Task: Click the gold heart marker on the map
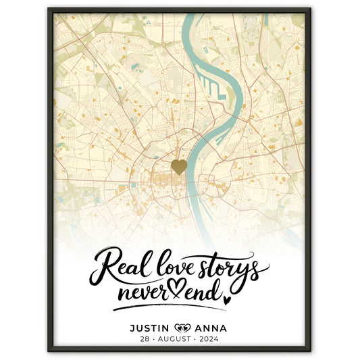click(179, 166)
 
